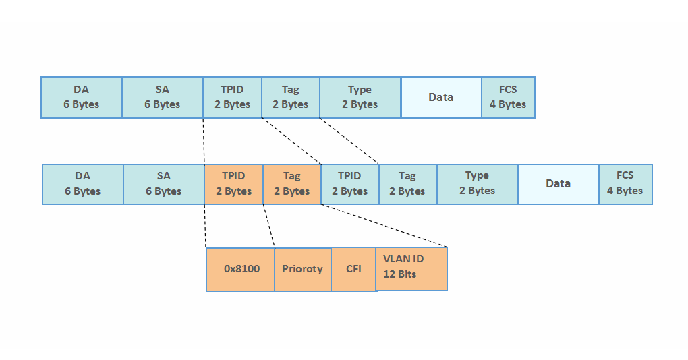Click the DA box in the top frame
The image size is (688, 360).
point(82,97)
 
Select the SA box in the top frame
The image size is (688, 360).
point(163,97)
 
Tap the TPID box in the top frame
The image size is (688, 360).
point(232,97)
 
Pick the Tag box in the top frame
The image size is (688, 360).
point(291,97)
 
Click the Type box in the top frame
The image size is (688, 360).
point(360,97)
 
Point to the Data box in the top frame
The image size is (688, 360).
point(441,97)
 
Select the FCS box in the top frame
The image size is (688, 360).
point(508,97)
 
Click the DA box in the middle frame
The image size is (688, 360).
point(83,184)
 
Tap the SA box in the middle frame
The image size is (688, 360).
point(164,184)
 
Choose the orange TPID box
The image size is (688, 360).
point(233,184)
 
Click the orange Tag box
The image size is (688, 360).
point(292,184)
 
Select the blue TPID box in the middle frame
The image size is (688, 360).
point(350,184)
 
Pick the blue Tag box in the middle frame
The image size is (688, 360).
point(408,184)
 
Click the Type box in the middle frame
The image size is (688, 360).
point(478,184)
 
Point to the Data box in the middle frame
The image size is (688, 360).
point(558,184)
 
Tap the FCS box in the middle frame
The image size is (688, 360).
point(625,184)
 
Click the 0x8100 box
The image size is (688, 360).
point(240,269)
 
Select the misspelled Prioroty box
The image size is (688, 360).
point(302,269)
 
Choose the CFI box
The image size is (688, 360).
point(353,269)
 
